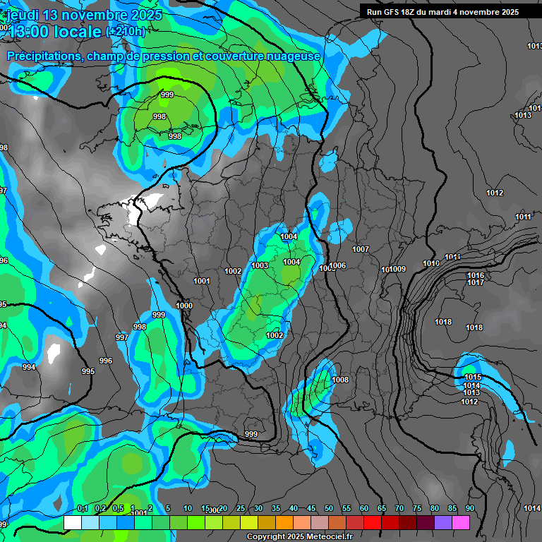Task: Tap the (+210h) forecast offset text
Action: tap(126, 31)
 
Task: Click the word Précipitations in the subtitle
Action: tap(43, 56)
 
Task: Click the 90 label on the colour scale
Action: tap(470, 509)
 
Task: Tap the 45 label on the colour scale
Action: tap(311, 509)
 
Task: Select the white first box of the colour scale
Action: tap(72, 523)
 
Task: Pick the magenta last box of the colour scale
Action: tap(460, 523)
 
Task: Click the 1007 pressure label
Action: tap(361, 249)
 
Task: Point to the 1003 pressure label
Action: tap(259, 265)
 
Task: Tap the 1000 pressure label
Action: tap(184, 306)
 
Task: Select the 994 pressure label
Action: tap(29, 367)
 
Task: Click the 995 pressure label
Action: tap(88, 371)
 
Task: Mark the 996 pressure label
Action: tap(106, 361)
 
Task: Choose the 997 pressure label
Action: tap(122, 337)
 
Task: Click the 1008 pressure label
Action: tap(340, 380)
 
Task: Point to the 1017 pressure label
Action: tap(476, 282)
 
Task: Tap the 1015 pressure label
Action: tap(472, 377)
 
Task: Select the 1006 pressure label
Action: tap(337, 265)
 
